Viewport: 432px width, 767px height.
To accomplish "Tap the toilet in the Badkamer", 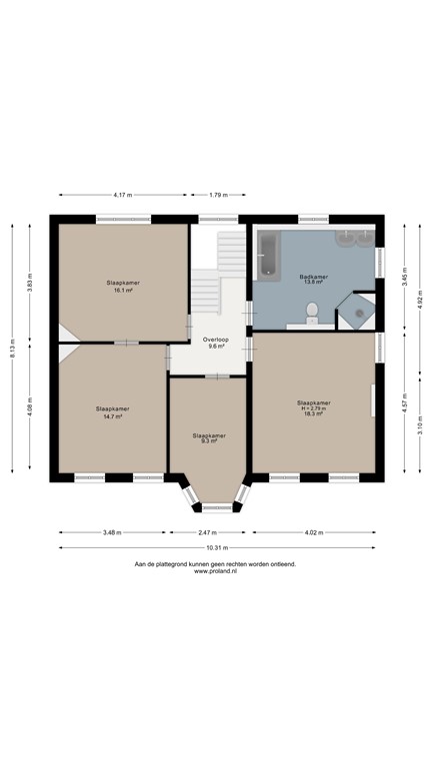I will click(x=313, y=312).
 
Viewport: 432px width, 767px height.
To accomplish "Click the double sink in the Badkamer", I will click(x=356, y=238).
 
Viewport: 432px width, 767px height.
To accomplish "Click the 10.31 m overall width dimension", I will click(x=216, y=547).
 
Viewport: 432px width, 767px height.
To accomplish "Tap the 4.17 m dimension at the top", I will click(x=123, y=195).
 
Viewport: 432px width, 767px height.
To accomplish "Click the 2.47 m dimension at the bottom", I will click(x=208, y=532).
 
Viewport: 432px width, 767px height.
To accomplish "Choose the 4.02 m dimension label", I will click(x=315, y=532).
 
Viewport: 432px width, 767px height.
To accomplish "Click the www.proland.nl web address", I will click(x=215, y=572).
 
